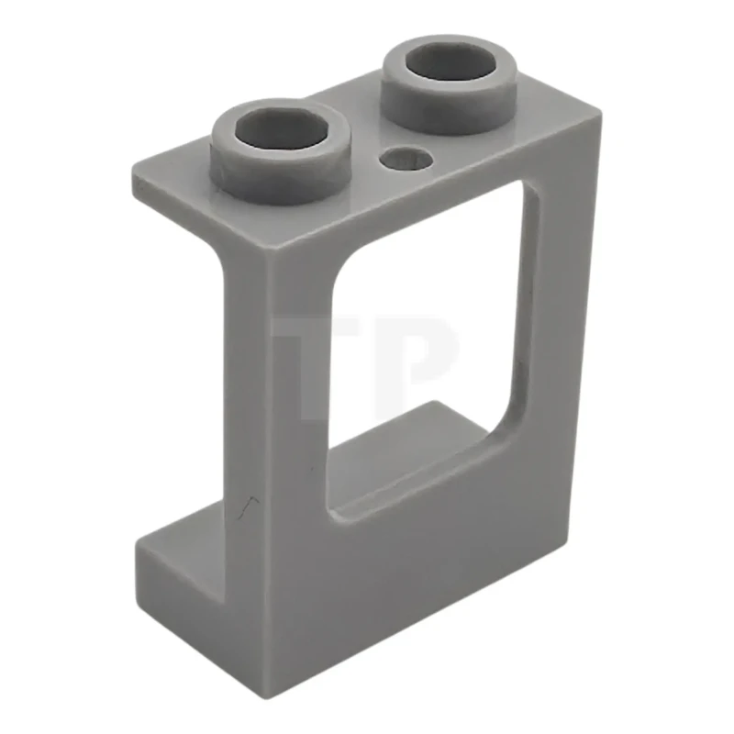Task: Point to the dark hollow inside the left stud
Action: tap(282, 134)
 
